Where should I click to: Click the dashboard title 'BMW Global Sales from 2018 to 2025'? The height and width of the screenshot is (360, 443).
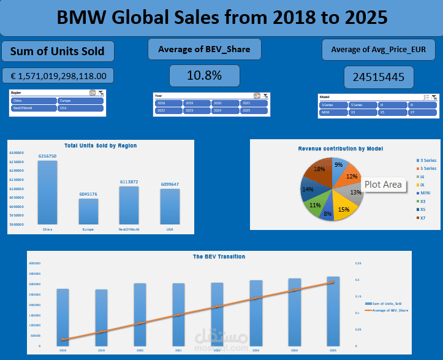[221, 17]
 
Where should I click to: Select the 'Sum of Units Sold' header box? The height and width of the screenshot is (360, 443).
[58, 52]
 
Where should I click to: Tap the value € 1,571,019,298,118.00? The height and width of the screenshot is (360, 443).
[58, 76]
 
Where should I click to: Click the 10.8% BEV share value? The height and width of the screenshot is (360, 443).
[205, 75]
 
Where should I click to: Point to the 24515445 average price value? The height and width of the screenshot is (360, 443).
[378, 77]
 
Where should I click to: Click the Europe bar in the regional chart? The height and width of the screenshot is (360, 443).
[88, 211]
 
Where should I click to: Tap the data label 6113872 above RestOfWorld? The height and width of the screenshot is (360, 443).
[129, 182]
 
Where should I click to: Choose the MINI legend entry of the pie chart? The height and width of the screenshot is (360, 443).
[425, 193]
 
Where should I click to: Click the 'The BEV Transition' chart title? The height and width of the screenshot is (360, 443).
[219, 256]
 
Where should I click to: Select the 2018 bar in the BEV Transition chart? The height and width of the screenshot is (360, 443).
[62, 316]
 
